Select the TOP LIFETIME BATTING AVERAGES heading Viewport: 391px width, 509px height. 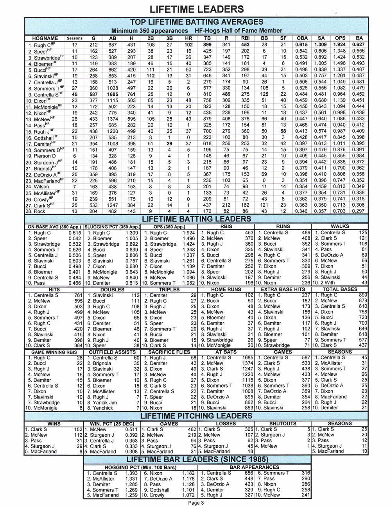197,22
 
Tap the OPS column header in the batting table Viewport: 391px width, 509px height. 340,38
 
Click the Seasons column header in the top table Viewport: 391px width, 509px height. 75,38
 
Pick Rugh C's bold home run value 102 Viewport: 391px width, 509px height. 188,45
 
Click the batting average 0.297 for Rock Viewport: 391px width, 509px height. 358,211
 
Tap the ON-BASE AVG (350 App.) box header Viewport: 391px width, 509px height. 54,226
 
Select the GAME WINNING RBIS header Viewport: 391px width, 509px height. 54,352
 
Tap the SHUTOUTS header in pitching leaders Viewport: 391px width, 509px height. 283,423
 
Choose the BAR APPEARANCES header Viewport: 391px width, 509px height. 255,467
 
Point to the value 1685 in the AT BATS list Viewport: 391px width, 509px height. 248,358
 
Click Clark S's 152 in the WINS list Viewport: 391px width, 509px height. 78,429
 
